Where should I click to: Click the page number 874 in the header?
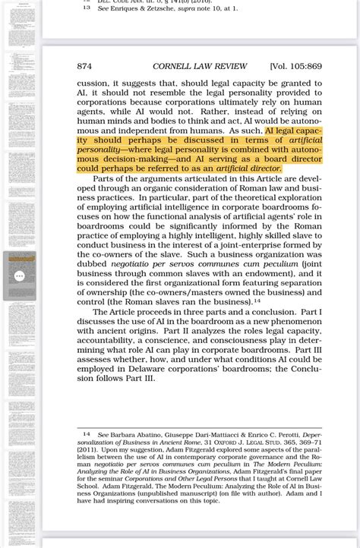tap(84, 67)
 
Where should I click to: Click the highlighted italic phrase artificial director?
tap(248, 169)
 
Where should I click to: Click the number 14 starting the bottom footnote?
tap(87, 434)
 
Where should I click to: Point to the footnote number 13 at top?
tap(87, 8)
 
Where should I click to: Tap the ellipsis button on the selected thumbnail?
tap(20, 276)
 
